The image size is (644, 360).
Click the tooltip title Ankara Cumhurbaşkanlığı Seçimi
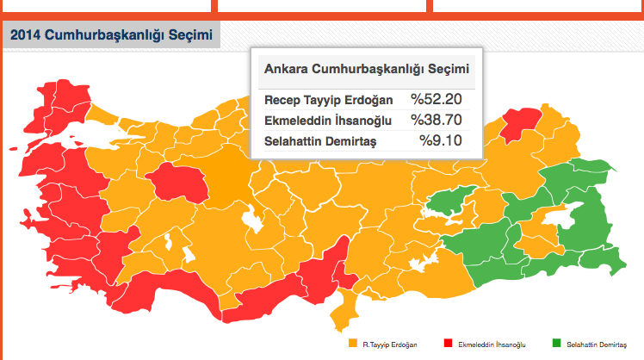[x=367, y=69]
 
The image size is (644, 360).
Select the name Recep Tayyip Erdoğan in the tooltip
[x=328, y=100]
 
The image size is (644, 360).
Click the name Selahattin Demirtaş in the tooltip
[x=320, y=140]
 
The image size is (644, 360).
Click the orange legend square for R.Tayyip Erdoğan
[x=352, y=344]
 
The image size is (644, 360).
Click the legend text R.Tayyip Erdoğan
[x=388, y=344]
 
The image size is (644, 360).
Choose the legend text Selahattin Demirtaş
[x=594, y=344]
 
